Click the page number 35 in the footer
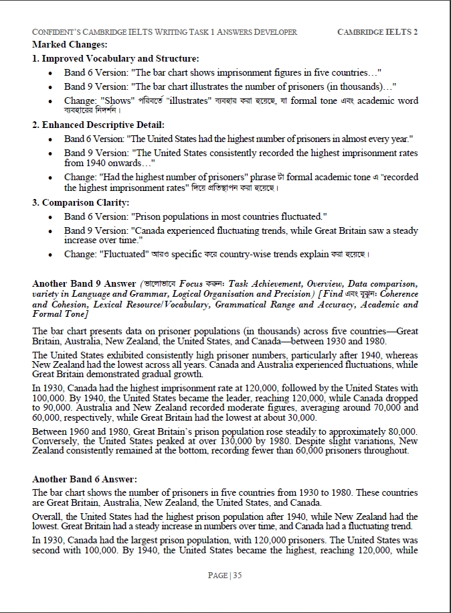(x=237, y=575)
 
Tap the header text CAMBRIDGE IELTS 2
(x=377, y=32)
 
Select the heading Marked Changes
(x=70, y=44)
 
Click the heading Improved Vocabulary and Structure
(x=115, y=58)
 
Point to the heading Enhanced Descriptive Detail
(x=98, y=125)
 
